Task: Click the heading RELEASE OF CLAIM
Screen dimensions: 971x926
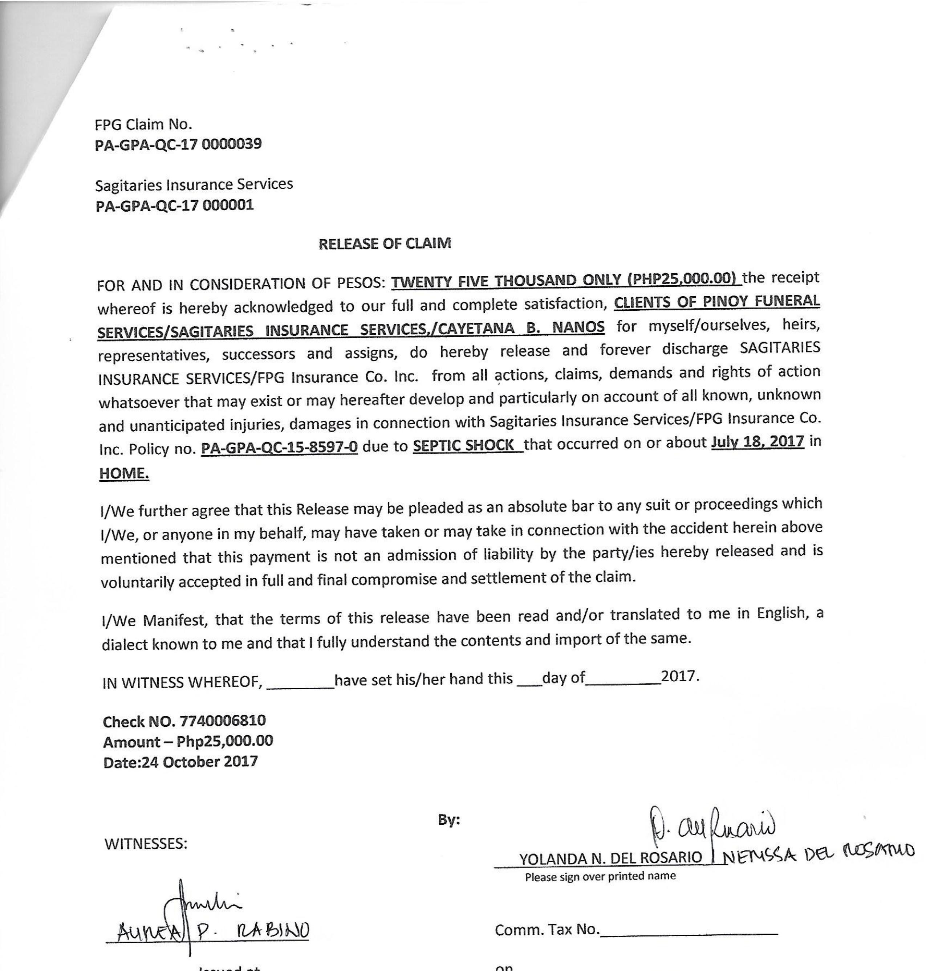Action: click(x=385, y=244)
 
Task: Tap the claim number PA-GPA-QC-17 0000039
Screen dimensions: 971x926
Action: click(x=178, y=144)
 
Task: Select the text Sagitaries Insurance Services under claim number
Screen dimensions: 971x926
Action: click(x=194, y=184)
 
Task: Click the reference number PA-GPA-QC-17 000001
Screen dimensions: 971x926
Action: click(x=174, y=205)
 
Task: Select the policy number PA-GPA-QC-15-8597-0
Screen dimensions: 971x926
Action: click(x=279, y=448)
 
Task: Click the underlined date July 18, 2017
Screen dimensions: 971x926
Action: click(x=757, y=441)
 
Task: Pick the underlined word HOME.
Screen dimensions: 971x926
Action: click(x=124, y=473)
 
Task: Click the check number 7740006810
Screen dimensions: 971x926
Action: click(x=223, y=721)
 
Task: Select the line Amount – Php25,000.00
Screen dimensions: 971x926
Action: click(x=188, y=741)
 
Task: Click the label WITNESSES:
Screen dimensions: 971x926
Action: click(x=146, y=844)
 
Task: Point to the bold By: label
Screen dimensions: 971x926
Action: click(x=449, y=820)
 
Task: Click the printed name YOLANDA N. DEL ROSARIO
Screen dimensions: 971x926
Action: click(x=610, y=858)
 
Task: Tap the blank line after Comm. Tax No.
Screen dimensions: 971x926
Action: click(x=689, y=933)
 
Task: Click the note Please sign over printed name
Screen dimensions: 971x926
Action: click(x=600, y=876)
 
